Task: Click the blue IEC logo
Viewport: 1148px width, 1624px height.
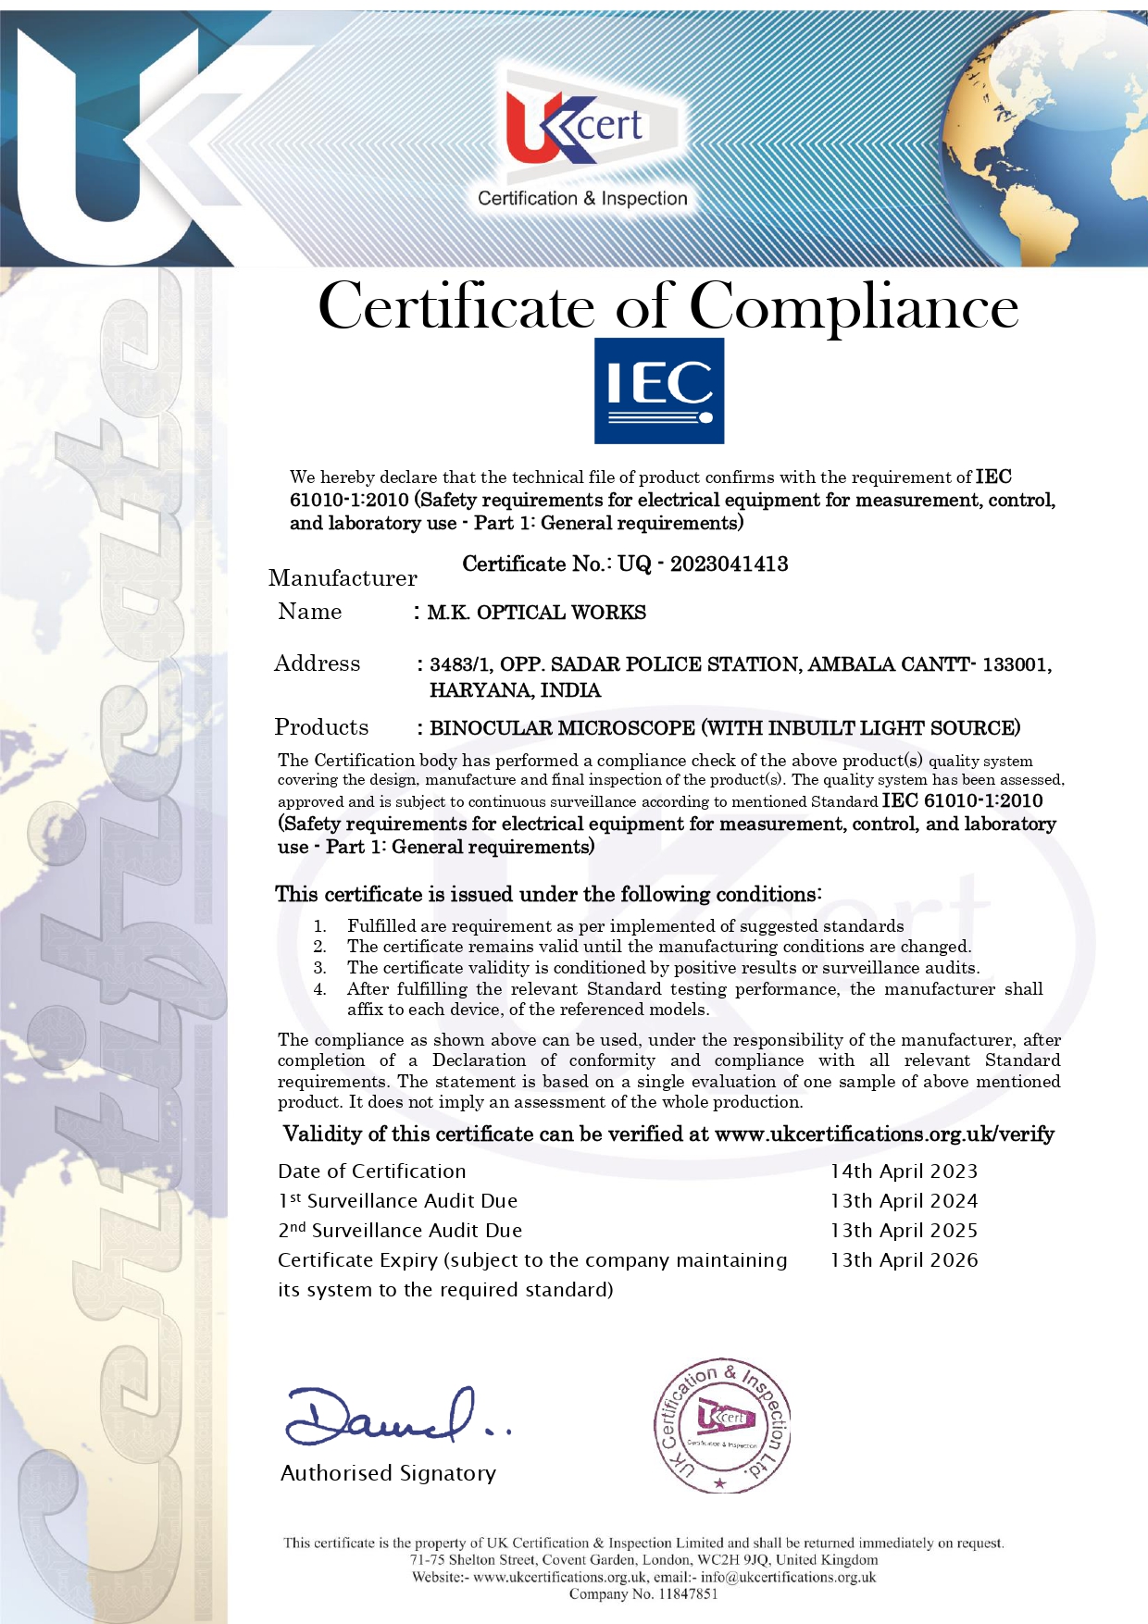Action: pyautogui.click(x=658, y=391)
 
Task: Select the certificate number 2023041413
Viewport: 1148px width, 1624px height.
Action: pyautogui.click(x=729, y=564)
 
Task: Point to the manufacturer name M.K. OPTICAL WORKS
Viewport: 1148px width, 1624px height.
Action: pyautogui.click(x=536, y=613)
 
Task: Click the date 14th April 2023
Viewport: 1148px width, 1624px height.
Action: pyautogui.click(x=904, y=1172)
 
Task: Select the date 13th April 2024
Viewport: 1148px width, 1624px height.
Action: pyautogui.click(x=904, y=1201)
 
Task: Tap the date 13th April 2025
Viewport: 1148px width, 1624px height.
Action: pyautogui.click(x=904, y=1231)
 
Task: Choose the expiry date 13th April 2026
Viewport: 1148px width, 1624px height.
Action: pyautogui.click(x=904, y=1260)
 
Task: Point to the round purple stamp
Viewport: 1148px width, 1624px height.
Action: pyautogui.click(x=722, y=1426)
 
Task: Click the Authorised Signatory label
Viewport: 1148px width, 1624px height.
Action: pyautogui.click(x=388, y=1473)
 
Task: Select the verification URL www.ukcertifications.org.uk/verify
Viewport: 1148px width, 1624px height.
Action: pyautogui.click(x=884, y=1134)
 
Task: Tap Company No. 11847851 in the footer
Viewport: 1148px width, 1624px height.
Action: pyautogui.click(x=643, y=1593)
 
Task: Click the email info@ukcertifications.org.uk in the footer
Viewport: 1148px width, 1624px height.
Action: pyautogui.click(x=788, y=1577)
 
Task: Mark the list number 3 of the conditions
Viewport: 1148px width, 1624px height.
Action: pyautogui.click(x=319, y=968)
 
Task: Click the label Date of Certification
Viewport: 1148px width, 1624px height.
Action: pyautogui.click(x=371, y=1172)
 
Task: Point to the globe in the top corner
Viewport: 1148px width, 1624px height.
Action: pyautogui.click(x=1074, y=139)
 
